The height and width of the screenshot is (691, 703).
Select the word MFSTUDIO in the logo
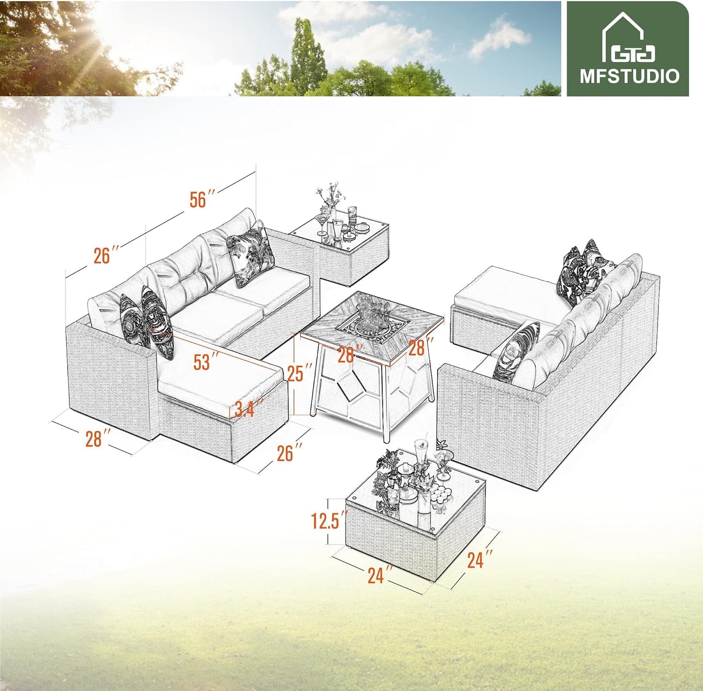click(629, 76)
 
